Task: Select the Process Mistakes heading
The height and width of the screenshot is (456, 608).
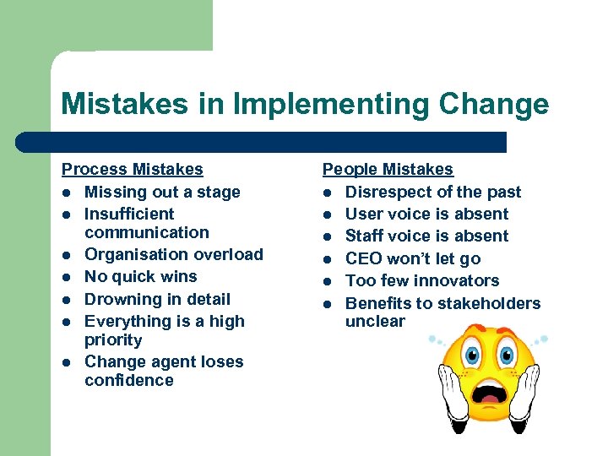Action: coord(133,170)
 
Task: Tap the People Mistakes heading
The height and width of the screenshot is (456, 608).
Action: coord(388,170)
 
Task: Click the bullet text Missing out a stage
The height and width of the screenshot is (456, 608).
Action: coord(162,192)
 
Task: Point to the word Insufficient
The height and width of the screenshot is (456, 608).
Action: coord(129,214)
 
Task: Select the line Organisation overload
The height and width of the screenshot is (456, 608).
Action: coord(174,254)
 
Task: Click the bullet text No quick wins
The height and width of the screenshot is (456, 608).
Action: coord(141,276)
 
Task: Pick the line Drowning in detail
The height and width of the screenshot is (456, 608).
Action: coord(157,299)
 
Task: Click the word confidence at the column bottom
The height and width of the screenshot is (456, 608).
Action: coord(129,380)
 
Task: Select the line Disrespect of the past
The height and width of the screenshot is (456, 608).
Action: coord(433,192)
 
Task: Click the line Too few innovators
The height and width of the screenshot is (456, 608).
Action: coord(422,280)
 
